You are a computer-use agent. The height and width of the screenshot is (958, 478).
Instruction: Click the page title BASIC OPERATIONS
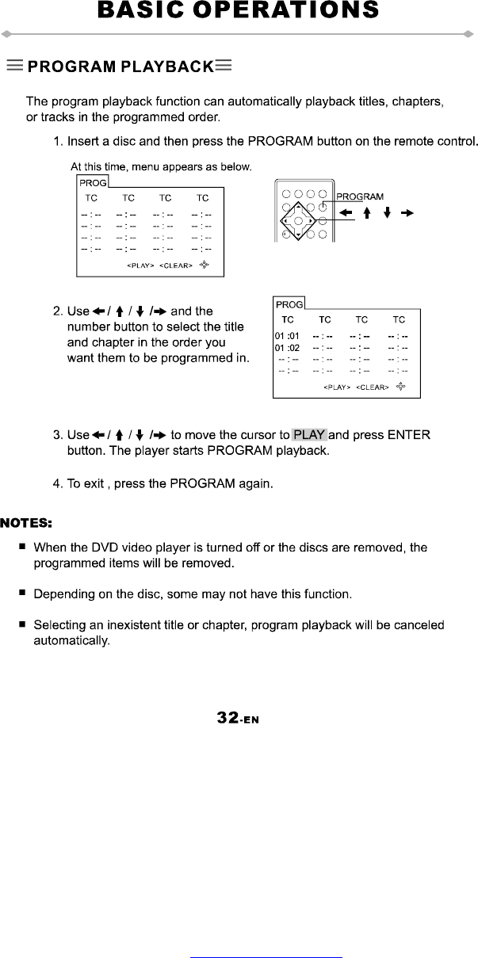tap(238, 11)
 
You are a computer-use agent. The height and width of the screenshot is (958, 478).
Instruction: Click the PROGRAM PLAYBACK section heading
tap(120, 66)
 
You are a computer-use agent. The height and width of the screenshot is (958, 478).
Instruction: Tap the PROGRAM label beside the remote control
tap(360, 197)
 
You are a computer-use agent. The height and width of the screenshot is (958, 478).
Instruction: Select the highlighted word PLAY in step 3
tap(309, 435)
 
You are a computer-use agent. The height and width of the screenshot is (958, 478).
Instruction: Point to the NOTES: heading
tap(26, 523)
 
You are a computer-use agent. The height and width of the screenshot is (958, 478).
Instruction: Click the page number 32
tap(228, 718)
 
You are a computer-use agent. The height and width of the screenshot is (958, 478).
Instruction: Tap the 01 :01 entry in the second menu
tap(287, 335)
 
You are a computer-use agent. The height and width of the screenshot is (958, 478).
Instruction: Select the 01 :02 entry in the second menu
tap(287, 348)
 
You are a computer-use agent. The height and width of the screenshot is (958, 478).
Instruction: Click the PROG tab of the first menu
tap(92, 182)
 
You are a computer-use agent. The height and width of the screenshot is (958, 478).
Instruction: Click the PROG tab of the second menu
tap(289, 304)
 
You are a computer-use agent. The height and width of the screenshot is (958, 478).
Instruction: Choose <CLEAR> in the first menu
tap(176, 265)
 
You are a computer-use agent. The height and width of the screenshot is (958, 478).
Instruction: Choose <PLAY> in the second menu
tap(337, 387)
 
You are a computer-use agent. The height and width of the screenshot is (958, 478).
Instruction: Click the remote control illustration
tap(301, 210)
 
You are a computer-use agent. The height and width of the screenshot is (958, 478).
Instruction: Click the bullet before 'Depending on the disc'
tap(24, 593)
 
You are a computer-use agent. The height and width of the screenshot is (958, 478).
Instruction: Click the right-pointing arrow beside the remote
tap(407, 213)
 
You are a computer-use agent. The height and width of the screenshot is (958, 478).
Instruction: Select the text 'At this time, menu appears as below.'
tap(161, 167)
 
